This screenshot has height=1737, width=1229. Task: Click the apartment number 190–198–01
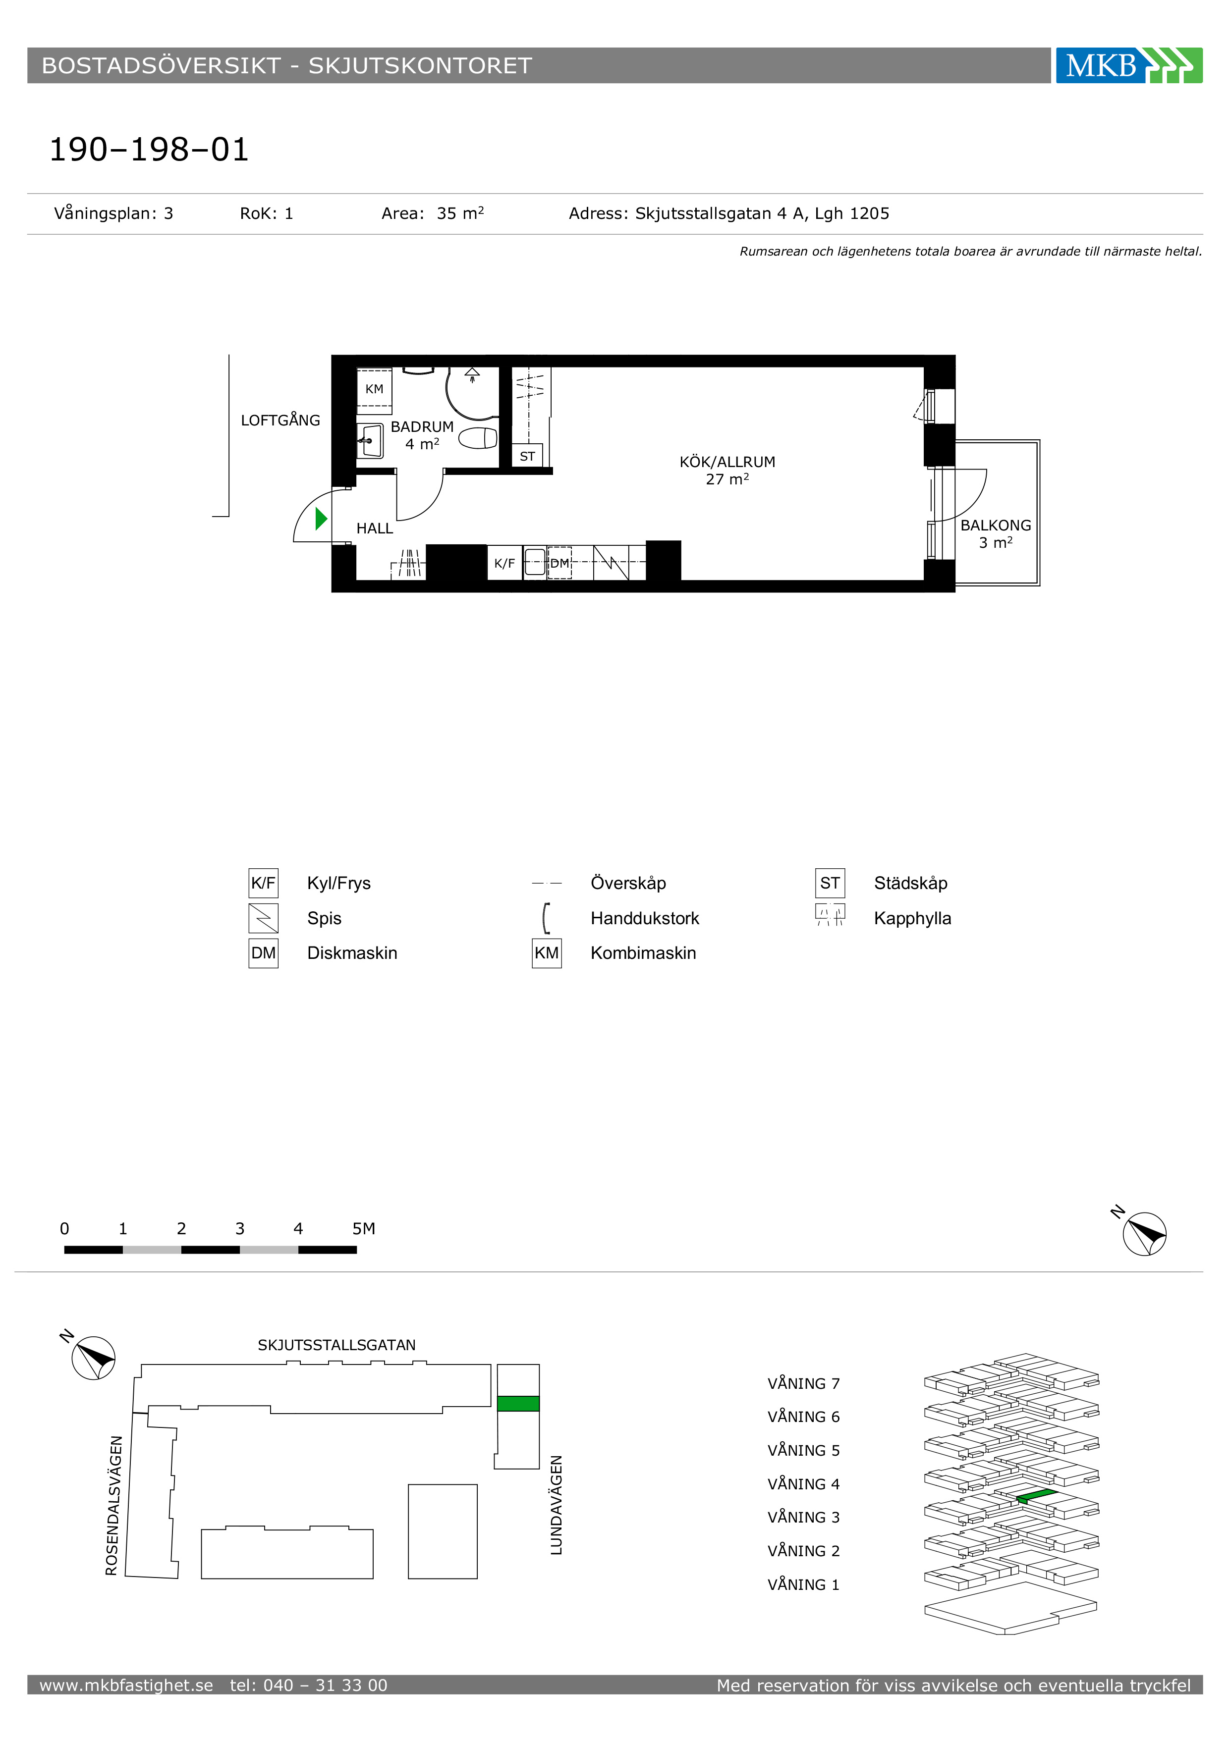click(x=149, y=150)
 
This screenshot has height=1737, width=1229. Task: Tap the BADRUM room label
click(x=422, y=426)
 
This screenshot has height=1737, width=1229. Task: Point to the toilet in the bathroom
click(x=478, y=438)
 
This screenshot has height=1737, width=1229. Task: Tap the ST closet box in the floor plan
click(x=527, y=456)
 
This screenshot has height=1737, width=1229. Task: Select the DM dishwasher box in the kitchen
click(x=559, y=563)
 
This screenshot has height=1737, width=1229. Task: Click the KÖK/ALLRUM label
click(x=727, y=462)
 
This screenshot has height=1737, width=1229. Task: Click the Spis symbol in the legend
click(x=263, y=918)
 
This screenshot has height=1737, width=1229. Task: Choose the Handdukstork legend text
click(x=645, y=918)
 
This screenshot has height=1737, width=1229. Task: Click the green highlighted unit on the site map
click(x=518, y=1403)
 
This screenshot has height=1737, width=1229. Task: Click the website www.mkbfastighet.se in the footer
click(x=126, y=1685)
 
